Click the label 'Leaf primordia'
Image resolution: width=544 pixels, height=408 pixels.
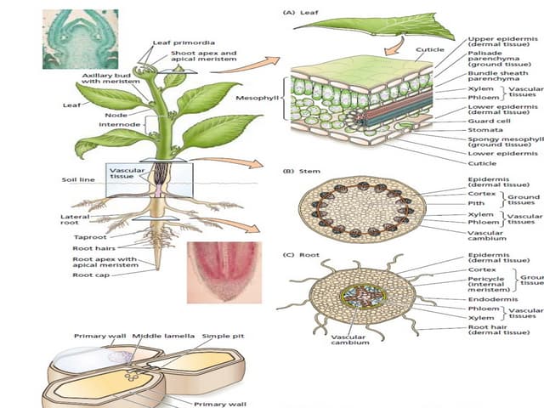(184, 42)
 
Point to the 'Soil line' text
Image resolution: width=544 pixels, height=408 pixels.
(77, 180)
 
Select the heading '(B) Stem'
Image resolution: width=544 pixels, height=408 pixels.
(301, 171)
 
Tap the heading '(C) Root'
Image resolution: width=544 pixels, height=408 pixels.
(301, 255)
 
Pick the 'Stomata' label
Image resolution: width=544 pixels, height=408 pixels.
(484, 130)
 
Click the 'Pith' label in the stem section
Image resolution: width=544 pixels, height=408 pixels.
(476, 203)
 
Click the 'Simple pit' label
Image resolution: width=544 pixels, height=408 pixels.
(223, 336)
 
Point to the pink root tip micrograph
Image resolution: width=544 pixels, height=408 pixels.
(224, 271)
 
